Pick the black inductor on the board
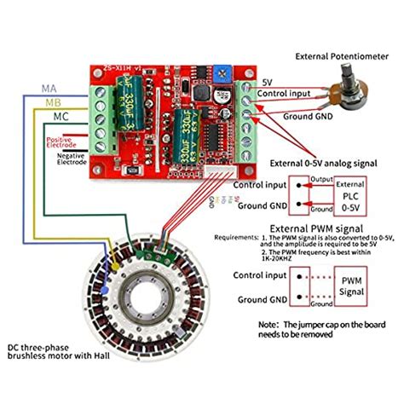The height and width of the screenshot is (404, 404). click(x=202, y=90)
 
